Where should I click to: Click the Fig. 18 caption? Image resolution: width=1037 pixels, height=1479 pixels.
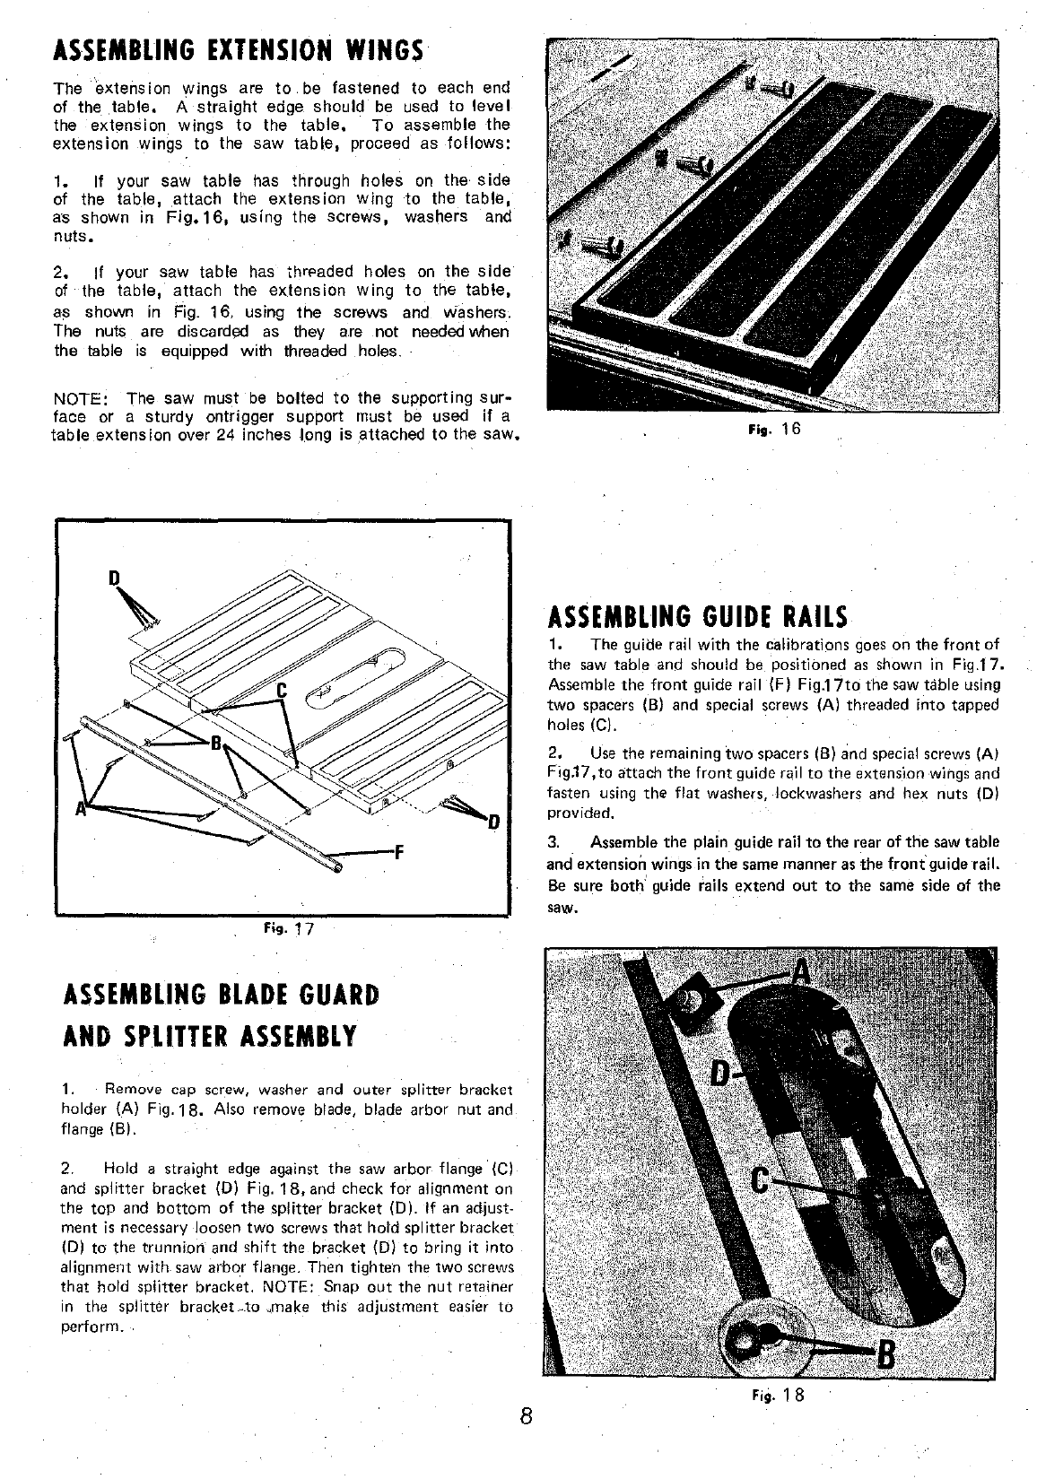778,1395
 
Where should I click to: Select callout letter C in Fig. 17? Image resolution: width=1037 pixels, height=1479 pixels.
280,691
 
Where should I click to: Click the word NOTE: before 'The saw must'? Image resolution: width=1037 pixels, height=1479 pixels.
82,398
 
